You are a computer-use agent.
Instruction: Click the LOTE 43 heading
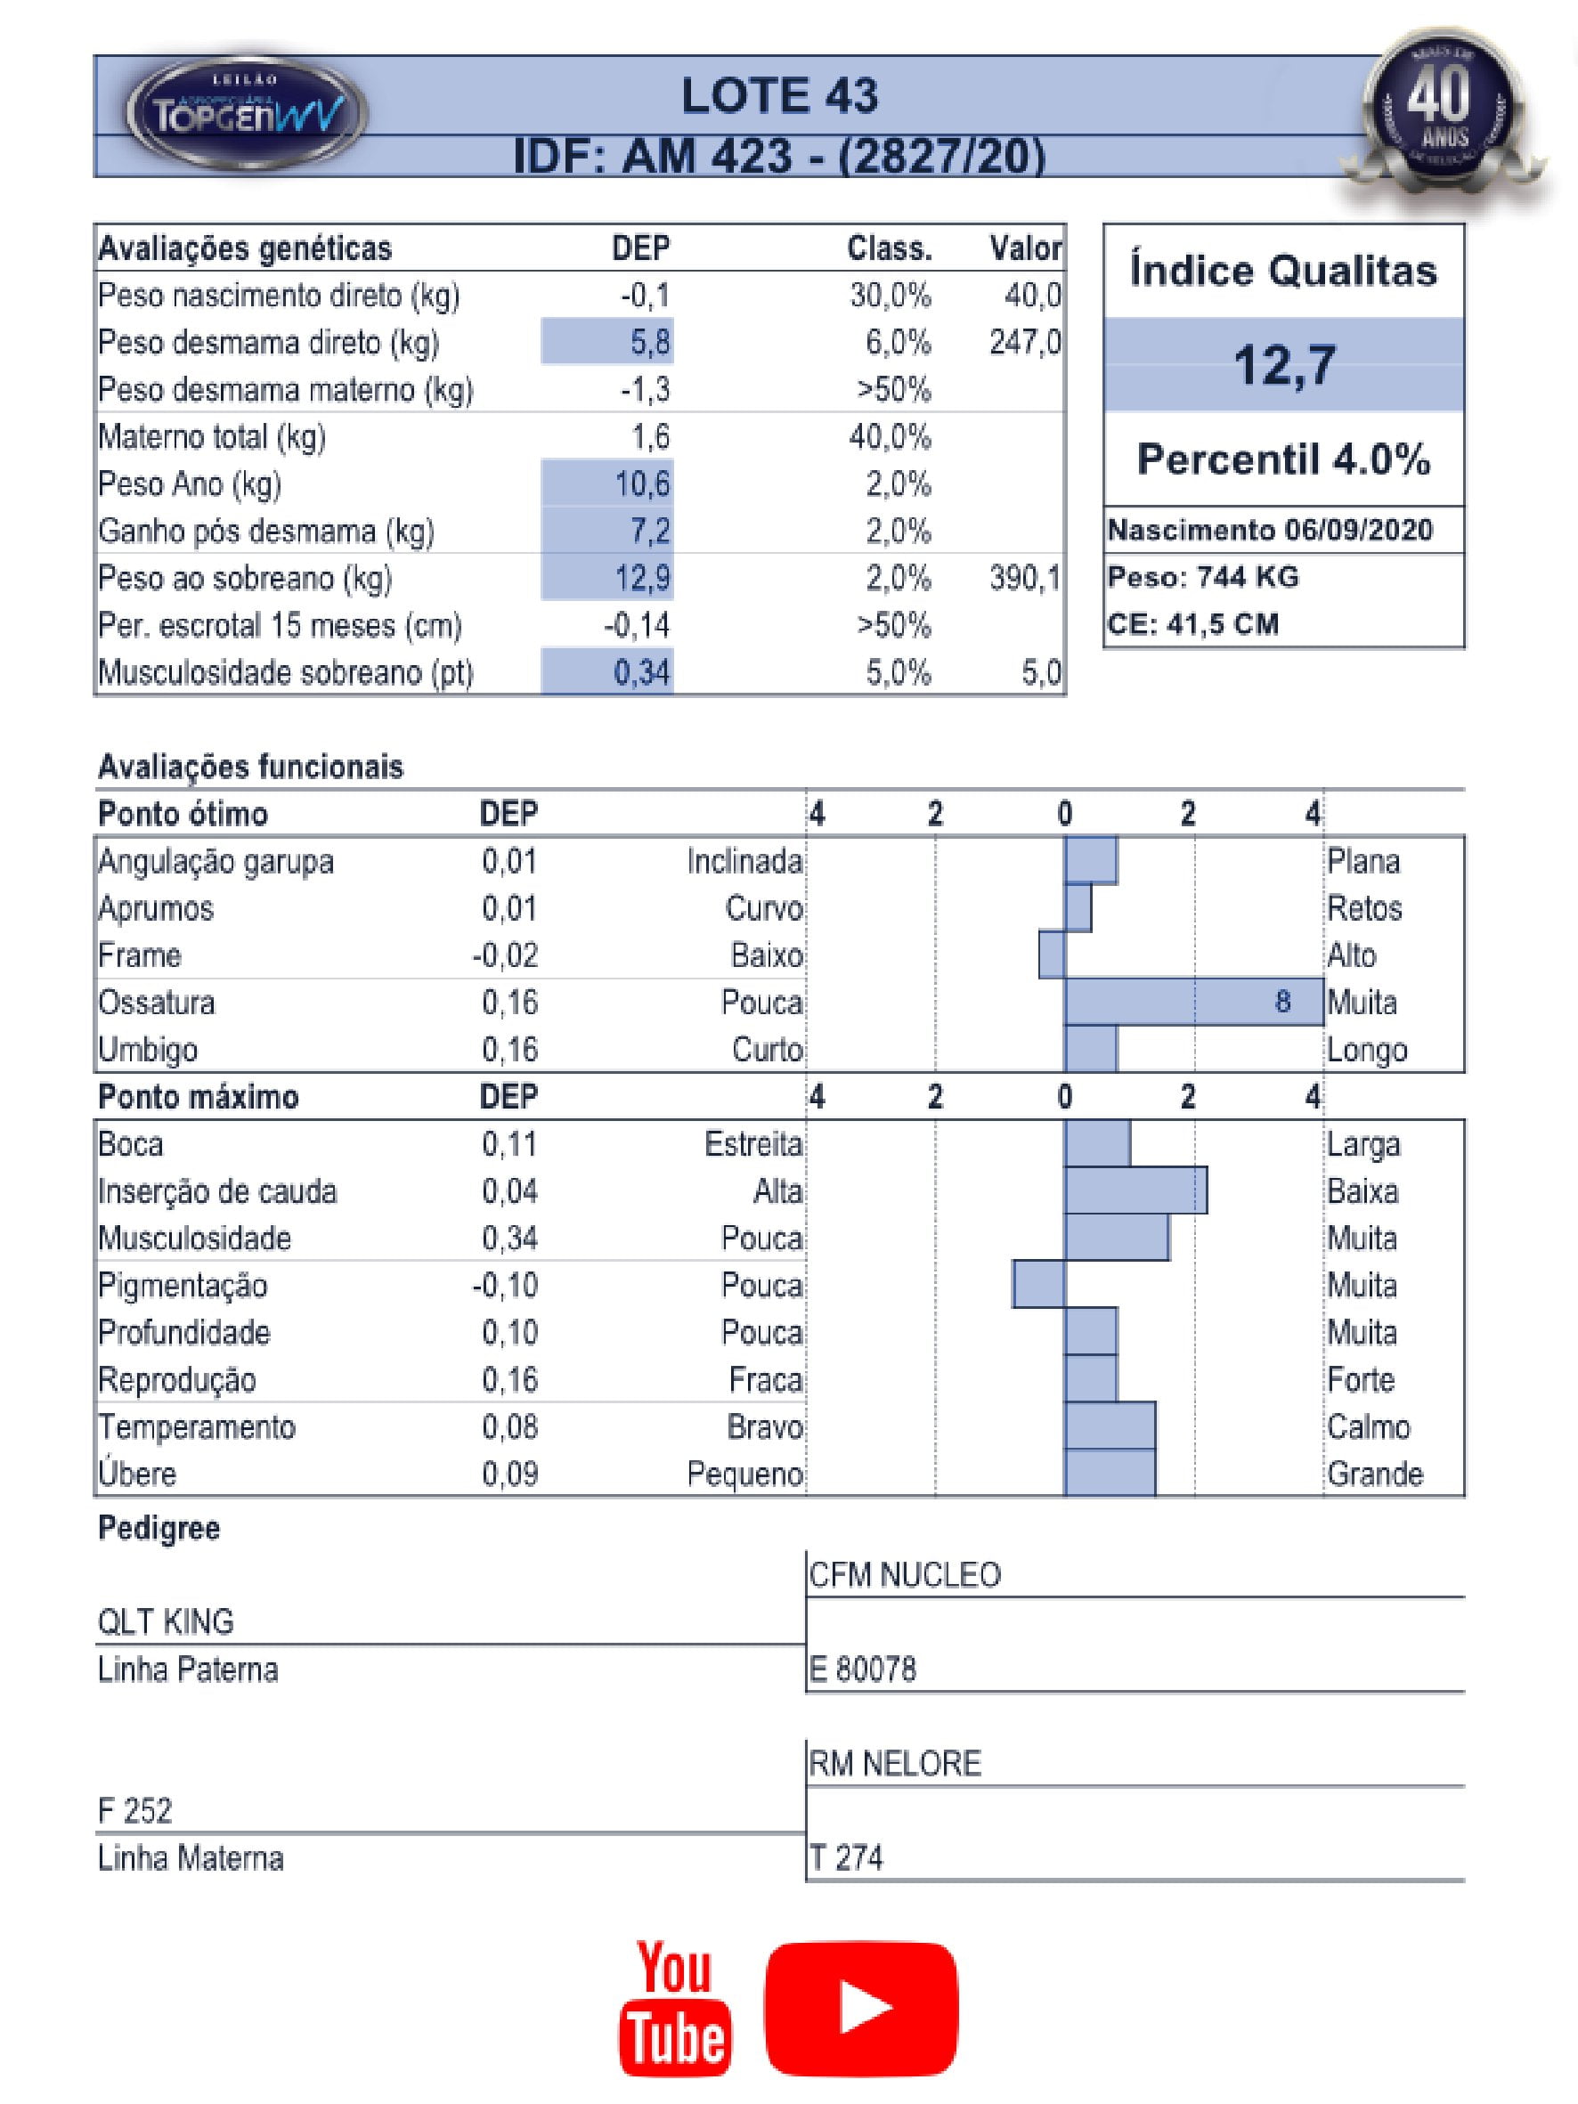pyautogui.click(x=779, y=96)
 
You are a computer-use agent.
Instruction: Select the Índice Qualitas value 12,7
pyautogui.click(x=1284, y=364)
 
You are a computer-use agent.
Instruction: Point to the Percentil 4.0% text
pyautogui.click(x=1283, y=459)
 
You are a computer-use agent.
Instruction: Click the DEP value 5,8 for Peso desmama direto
pyautogui.click(x=650, y=343)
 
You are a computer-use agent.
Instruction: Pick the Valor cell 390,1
pyautogui.click(x=1024, y=579)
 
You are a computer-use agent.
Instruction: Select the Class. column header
pyautogui.click(x=890, y=249)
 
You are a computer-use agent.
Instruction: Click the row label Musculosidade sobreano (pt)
pyautogui.click(x=285, y=672)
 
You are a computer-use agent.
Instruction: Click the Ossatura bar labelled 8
pyautogui.click(x=1193, y=1002)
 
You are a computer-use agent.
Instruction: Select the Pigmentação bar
pyautogui.click(x=1038, y=1284)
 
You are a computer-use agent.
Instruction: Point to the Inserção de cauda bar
pyautogui.click(x=1135, y=1190)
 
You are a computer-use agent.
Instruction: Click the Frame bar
pyautogui.click(x=1052, y=955)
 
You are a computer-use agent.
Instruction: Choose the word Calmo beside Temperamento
pyautogui.click(x=1368, y=1426)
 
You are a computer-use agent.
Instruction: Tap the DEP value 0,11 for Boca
pyautogui.click(x=510, y=1144)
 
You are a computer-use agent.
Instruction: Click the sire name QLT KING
pyautogui.click(x=167, y=1621)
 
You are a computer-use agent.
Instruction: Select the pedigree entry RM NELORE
pyautogui.click(x=894, y=1764)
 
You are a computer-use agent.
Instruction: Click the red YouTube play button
pyautogui.click(x=861, y=2008)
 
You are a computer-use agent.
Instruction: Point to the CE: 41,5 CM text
pyautogui.click(x=1192, y=624)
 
